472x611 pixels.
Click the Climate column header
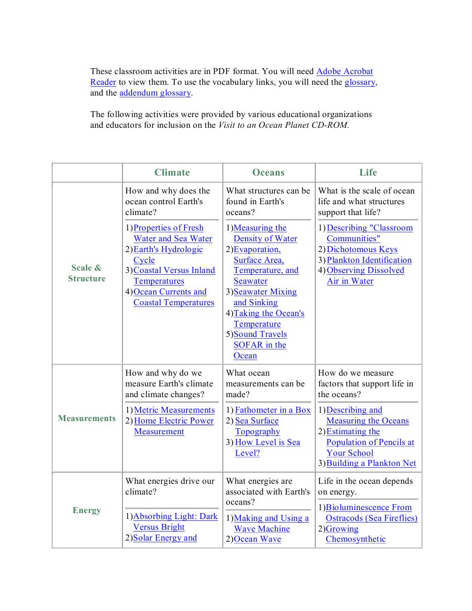172,173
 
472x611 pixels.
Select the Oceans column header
268,173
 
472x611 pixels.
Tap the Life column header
368,173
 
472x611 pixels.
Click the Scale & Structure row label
87,273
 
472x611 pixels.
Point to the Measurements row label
87,418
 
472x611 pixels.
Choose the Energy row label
87,510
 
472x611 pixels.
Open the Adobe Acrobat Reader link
344,72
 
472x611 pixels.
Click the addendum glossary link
155,93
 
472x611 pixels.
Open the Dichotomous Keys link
362,249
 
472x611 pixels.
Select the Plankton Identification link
369,260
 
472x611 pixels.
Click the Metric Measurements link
174,410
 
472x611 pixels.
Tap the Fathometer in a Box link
273,410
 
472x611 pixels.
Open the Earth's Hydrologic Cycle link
168,249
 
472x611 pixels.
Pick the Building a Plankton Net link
371,463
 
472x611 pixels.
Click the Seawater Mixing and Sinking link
264,291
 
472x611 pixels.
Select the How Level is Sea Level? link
267,442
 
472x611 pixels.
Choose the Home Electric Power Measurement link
173,420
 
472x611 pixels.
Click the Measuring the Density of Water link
260,228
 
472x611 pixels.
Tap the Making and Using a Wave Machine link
271,518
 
